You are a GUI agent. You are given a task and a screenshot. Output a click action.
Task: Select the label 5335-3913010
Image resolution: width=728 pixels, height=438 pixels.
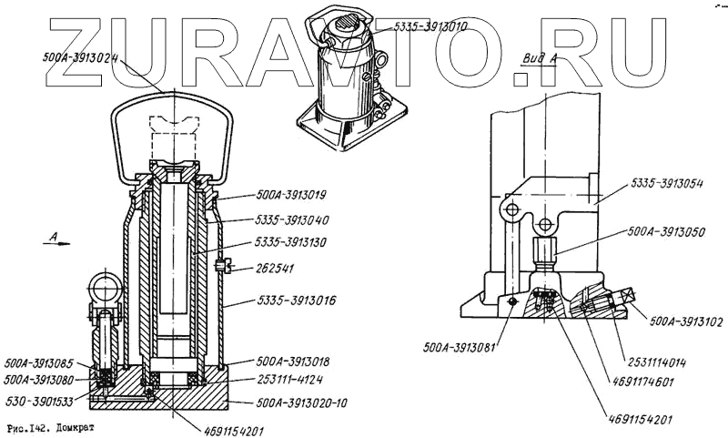430,27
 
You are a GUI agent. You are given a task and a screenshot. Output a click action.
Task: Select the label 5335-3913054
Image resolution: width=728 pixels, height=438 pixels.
670,183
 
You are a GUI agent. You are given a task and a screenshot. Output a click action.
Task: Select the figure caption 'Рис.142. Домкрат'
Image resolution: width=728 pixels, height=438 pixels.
50,425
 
